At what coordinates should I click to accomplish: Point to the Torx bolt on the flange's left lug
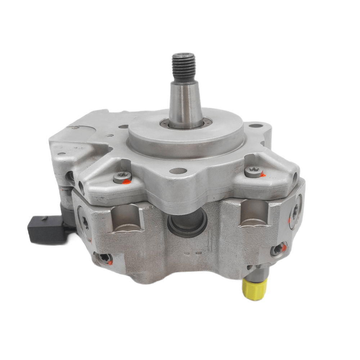coord(122,177)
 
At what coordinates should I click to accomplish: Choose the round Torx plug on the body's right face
coord(295,211)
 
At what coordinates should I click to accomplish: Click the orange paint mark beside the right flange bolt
coord(263,175)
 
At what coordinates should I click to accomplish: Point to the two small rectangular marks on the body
coord(193,253)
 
